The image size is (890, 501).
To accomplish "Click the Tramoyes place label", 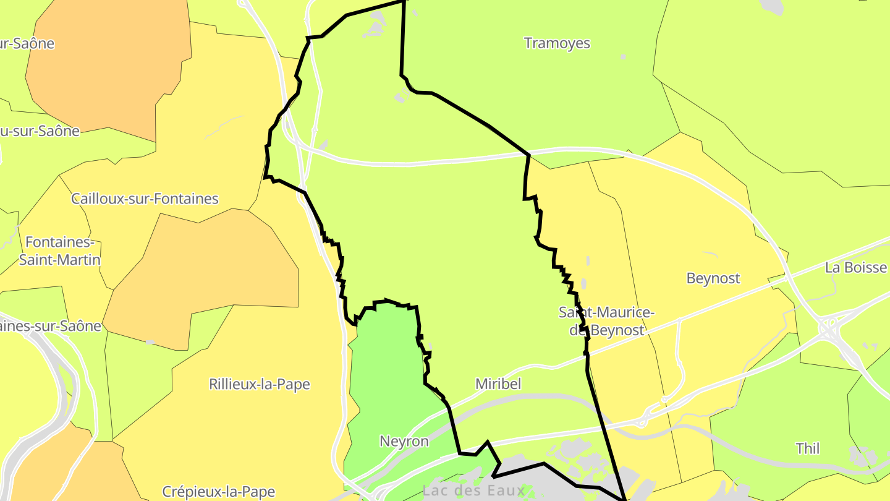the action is click(x=557, y=43).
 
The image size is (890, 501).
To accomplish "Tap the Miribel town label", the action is click(x=498, y=384).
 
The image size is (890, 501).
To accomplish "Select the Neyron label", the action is click(x=404, y=442).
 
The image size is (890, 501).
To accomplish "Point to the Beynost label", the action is click(x=713, y=278).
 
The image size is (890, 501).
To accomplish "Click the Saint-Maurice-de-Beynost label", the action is click(x=606, y=321).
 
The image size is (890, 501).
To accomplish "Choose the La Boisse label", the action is click(x=856, y=268).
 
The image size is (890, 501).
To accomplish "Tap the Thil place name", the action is click(x=808, y=448).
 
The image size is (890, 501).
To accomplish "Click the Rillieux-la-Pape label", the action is click(x=260, y=384).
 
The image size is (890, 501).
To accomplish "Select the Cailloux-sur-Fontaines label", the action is click(x=145, y=199).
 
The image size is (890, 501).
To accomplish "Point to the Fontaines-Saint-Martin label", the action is click(x=59, y=250).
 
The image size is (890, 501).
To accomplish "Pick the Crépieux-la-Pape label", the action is click(x=218, y=492).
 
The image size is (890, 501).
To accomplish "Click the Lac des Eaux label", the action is click(x=473, y=491).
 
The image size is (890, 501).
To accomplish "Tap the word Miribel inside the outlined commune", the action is click(x=498, y=384).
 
